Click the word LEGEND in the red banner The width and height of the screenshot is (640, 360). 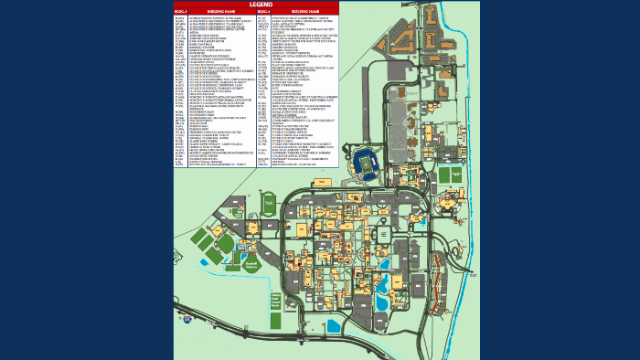(x=255, y=5)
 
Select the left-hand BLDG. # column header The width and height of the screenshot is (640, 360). (x=180, y=13)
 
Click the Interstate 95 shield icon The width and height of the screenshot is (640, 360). (x=186, y=322)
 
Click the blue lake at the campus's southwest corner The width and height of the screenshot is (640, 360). (x=333, y=324)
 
